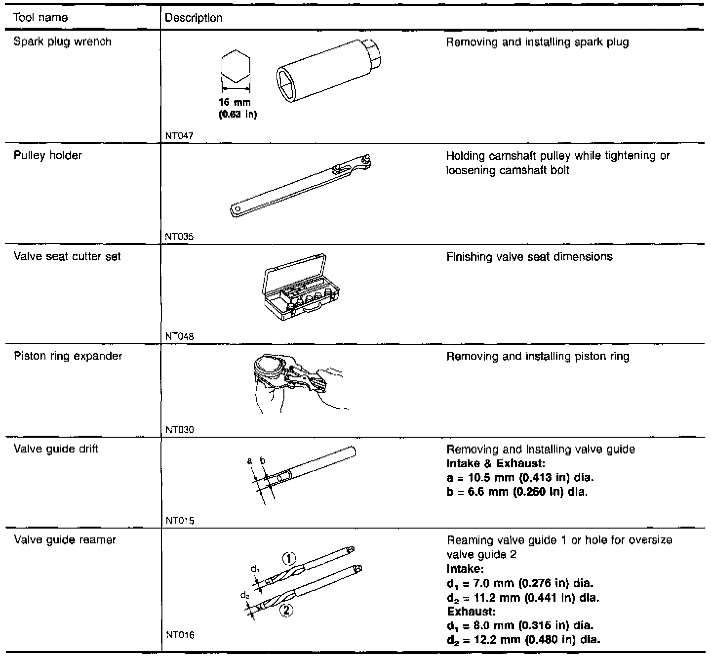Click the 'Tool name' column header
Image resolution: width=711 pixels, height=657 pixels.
pos(40,18)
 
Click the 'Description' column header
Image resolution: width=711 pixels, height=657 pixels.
pos(194,18)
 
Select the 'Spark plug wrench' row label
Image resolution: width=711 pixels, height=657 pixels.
pos(62,41)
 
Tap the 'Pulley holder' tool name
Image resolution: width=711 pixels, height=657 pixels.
pos(47,155)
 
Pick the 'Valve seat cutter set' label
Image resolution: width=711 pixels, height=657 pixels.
pos(67,256)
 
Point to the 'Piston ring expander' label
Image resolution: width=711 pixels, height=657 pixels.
pos(68,356)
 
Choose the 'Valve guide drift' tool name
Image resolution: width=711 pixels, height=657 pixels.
pos(56,449)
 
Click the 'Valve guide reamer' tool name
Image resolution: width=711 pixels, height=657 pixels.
pos(65,539)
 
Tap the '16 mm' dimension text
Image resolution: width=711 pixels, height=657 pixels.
pos(235,103)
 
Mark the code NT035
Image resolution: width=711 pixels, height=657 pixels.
pos(179,237)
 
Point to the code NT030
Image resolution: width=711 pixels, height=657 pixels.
pos(180,429)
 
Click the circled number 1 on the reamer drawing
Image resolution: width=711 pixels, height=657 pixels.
pos(289,559)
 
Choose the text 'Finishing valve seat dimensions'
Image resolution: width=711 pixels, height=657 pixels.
pos(529,256)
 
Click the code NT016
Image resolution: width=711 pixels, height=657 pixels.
pos(180,635)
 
